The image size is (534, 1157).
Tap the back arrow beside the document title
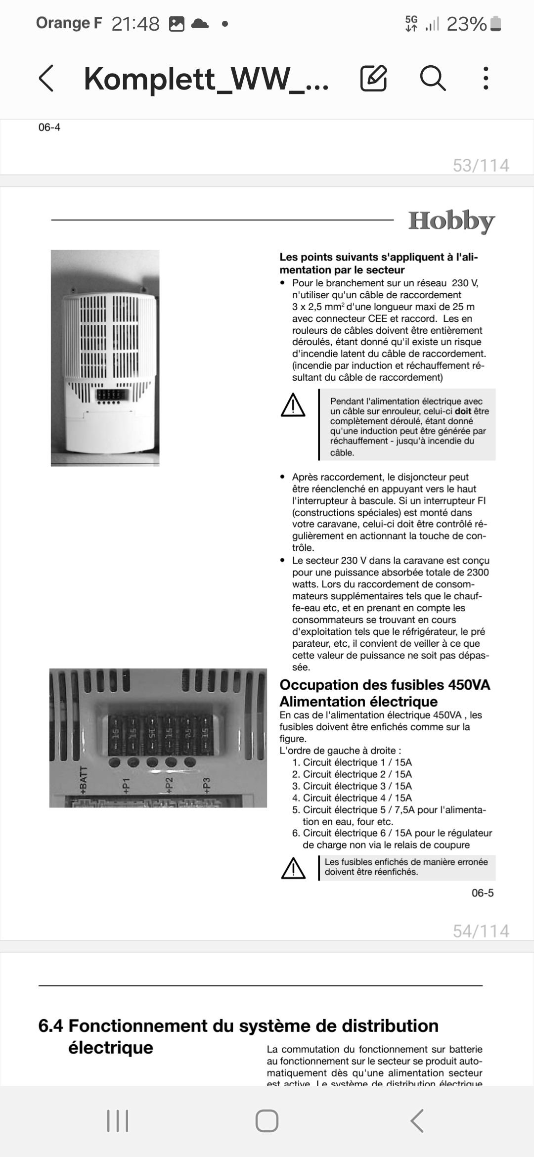(46, 78)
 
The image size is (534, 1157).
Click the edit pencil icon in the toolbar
(373, 78)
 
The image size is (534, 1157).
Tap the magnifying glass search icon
(433, 78)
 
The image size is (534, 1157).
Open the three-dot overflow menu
(486, 78)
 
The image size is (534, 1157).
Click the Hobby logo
(451, 221)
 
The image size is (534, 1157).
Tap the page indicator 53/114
(481, 165)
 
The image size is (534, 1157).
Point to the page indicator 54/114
(481, 931)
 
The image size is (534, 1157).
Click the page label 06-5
(482, 892)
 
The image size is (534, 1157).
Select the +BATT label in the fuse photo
(83, 780)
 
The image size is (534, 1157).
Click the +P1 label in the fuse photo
(126, 785)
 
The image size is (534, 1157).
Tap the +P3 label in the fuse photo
(207, 785)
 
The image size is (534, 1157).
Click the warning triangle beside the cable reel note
(293, 405)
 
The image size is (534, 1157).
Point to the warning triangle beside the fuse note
(293, 868)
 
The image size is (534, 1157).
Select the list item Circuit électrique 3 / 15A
(352, 786)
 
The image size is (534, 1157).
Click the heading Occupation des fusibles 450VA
(385, 685)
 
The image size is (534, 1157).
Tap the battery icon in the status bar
(496, 24)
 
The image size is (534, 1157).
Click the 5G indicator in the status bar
(411, 23)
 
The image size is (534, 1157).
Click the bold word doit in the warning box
(463, 411)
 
